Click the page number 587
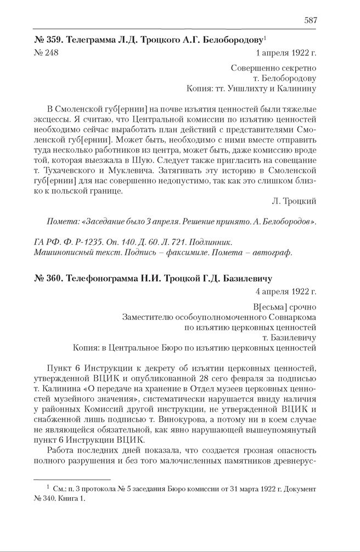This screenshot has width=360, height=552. [310, 20]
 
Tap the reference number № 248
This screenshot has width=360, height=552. [46, 53]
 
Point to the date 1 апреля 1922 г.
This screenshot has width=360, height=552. [286, 53]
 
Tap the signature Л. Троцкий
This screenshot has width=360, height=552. [294, 201]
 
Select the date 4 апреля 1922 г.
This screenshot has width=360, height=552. [286, 291]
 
